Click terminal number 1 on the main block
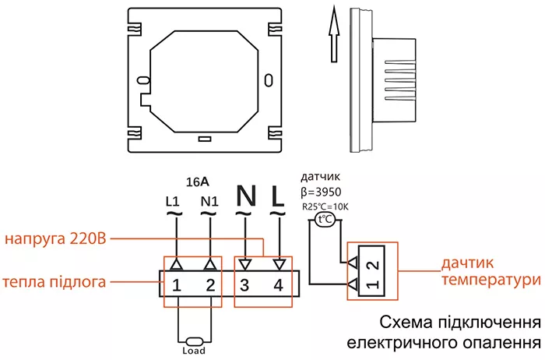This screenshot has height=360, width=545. click(178, 285)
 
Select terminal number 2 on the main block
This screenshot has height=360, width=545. click(209, 285)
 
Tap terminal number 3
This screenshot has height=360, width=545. click(244, 285)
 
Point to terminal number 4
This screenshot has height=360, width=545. click(278, 285)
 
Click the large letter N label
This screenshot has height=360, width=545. click(244, 195)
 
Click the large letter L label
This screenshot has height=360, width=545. click(277, 195)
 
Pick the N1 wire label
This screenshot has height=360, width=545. click(209, 201)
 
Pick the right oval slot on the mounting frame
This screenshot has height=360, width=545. click(269, 79)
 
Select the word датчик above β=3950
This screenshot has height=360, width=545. click(318, 177)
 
